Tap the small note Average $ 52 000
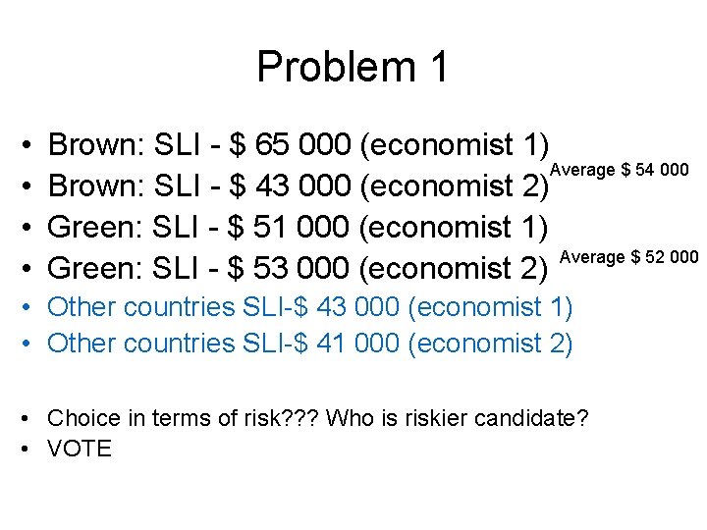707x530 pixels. coord(628,257)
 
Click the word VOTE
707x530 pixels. coord(80,450)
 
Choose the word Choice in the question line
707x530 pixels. coord(83,419)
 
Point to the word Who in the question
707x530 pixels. coord(347,419)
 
